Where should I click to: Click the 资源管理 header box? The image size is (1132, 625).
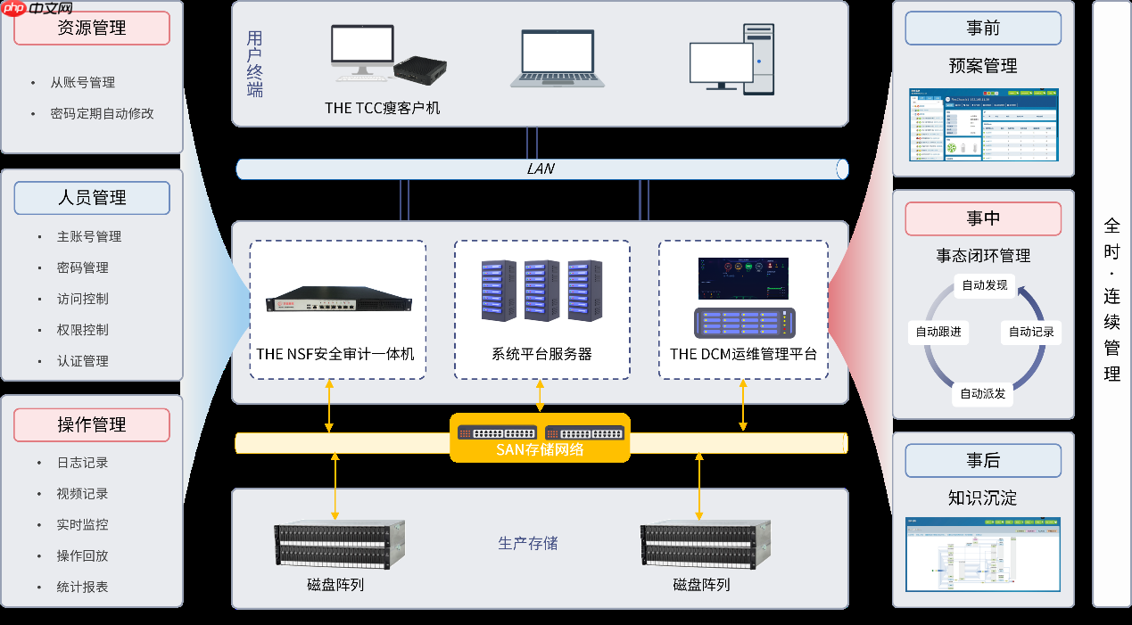(x=92, y=28)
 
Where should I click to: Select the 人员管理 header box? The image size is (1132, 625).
(x=92, y=198)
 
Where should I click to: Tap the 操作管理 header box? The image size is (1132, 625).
(x=92, y=424)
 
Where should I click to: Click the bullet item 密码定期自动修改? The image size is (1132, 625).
(x=103, y=114)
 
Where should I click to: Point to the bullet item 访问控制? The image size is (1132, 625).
(x=83, y=299)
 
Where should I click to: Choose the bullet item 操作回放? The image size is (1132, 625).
(x=83, y=555)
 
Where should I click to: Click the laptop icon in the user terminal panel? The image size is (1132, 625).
(x=557, y=59)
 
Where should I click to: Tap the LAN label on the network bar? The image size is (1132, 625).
(x=541, y=169)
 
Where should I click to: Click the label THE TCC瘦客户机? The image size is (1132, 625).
(x=382, y=108)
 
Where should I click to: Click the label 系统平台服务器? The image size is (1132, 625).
(x=541, y=354)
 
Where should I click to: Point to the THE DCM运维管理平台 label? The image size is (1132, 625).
(x=743, y=354)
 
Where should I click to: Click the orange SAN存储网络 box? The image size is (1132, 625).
(x=540, y=438)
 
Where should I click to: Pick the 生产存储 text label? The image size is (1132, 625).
(x=528, y=543)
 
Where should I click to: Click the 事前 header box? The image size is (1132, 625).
(x=983, y=28)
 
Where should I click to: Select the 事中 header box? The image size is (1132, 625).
(x=983, y=218)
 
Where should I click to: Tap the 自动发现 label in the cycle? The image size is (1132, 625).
(x=984, y=285)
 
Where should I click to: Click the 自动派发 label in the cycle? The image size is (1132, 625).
(x=982, y=393)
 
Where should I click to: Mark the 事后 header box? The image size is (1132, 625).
(x=983, y=460)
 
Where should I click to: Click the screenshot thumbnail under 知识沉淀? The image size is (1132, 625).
(x=983, y=554)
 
